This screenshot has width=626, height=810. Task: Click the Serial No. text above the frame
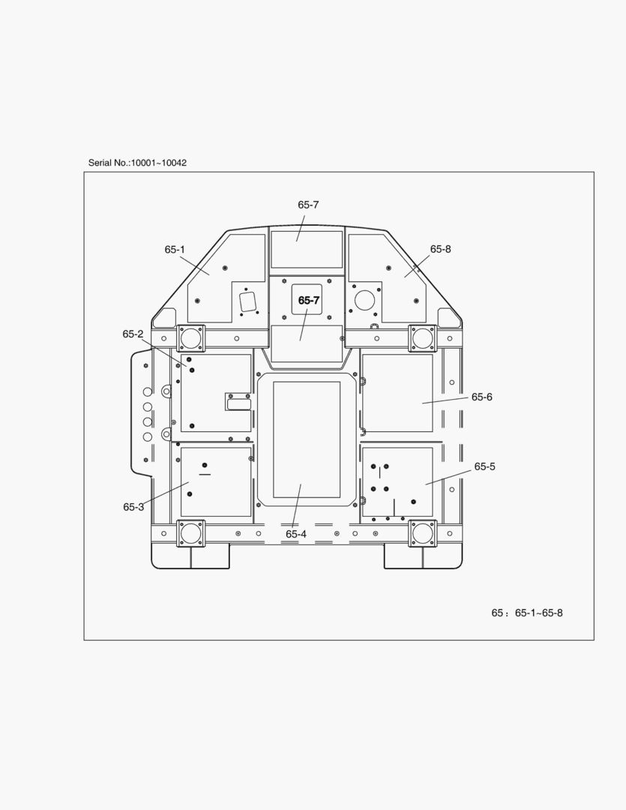(x=137, y=163)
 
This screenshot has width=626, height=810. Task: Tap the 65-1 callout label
(x=175, y=250)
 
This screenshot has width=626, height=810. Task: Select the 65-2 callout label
(x=133, y=334)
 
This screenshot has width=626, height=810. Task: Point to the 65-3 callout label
(x=133, y=507)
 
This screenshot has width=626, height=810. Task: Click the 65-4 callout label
(x=296, y=534)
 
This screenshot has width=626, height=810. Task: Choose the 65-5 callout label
(x=484, y=466)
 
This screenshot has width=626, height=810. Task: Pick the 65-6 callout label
(x=481, y=397)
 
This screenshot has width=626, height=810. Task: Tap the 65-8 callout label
(x=440, y=249)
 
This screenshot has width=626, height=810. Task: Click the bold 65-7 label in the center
(x=309, y=300)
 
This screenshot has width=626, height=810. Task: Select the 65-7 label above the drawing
(x=308, y=205)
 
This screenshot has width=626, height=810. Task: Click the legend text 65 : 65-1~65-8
(x=527, y=613)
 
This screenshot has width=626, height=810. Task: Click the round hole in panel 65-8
(x=364, y=300)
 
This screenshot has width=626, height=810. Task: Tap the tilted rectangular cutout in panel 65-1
(x=248, y=301)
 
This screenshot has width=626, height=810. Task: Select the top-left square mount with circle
(x=191, y=338)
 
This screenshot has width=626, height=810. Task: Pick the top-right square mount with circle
(x=423, y=338)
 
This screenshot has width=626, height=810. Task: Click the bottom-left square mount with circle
(x=191, y=534)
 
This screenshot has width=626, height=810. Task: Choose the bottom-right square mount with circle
(x=423, y=534)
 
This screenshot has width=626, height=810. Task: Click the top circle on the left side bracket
(x=147, y=391)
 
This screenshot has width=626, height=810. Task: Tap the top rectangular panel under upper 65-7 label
(x=307, y=250)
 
